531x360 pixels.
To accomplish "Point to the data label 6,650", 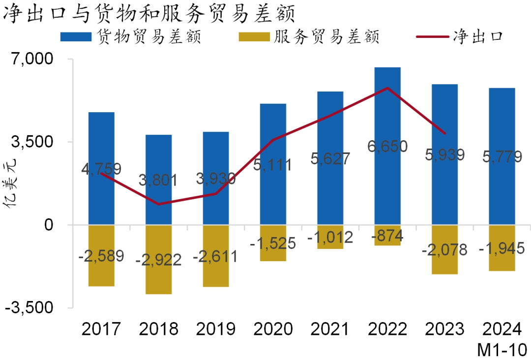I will pos(387,146).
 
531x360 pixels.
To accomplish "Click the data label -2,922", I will pos(158,259).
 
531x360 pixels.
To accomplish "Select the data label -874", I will pos(387,236).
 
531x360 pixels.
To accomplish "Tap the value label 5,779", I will pos(501,157).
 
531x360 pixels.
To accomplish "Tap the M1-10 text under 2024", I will pos(502,349).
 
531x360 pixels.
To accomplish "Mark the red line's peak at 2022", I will pos(387,88).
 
